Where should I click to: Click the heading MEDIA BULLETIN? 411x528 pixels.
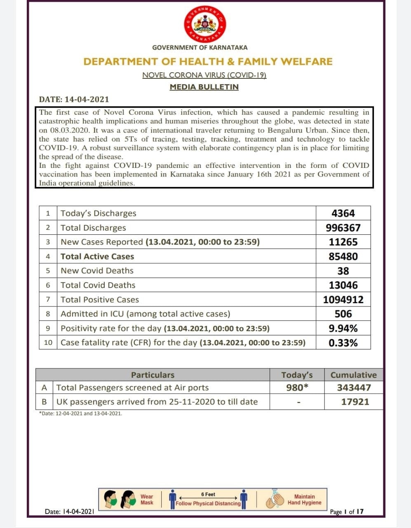(x=204, y=87)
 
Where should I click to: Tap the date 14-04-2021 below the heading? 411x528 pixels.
(x=74, y=99)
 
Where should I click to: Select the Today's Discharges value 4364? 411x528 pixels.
(x=343, y=213)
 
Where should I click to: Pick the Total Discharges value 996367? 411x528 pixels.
(x=343, y=228)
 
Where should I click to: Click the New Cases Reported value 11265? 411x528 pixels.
(x=343, y=242)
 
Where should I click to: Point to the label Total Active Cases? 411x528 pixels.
(x=97, y=257)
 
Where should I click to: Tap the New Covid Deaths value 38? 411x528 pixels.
(x=343, y=271)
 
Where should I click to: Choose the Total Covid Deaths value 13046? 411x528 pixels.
(x=343, y=285)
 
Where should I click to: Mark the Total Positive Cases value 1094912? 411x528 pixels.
(x=343, y=299)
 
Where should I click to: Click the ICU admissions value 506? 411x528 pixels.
(x=343, y=314)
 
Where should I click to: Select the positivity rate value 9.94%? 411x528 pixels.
(x=343, y=328)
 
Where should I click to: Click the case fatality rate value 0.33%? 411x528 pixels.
(x=343, y=343)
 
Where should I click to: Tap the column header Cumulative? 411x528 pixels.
(x=353, y=375)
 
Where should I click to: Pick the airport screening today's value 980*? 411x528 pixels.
(x=297, y=387)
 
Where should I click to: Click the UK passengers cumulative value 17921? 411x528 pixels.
(x=355, y=402)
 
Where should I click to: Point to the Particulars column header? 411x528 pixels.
(x=153, y=375)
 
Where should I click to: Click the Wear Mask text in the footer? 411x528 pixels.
(x=147, y=500)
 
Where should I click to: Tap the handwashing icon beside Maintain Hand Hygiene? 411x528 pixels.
(x=274, y=499)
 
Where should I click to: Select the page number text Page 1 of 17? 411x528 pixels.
(x=347, y=512)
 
